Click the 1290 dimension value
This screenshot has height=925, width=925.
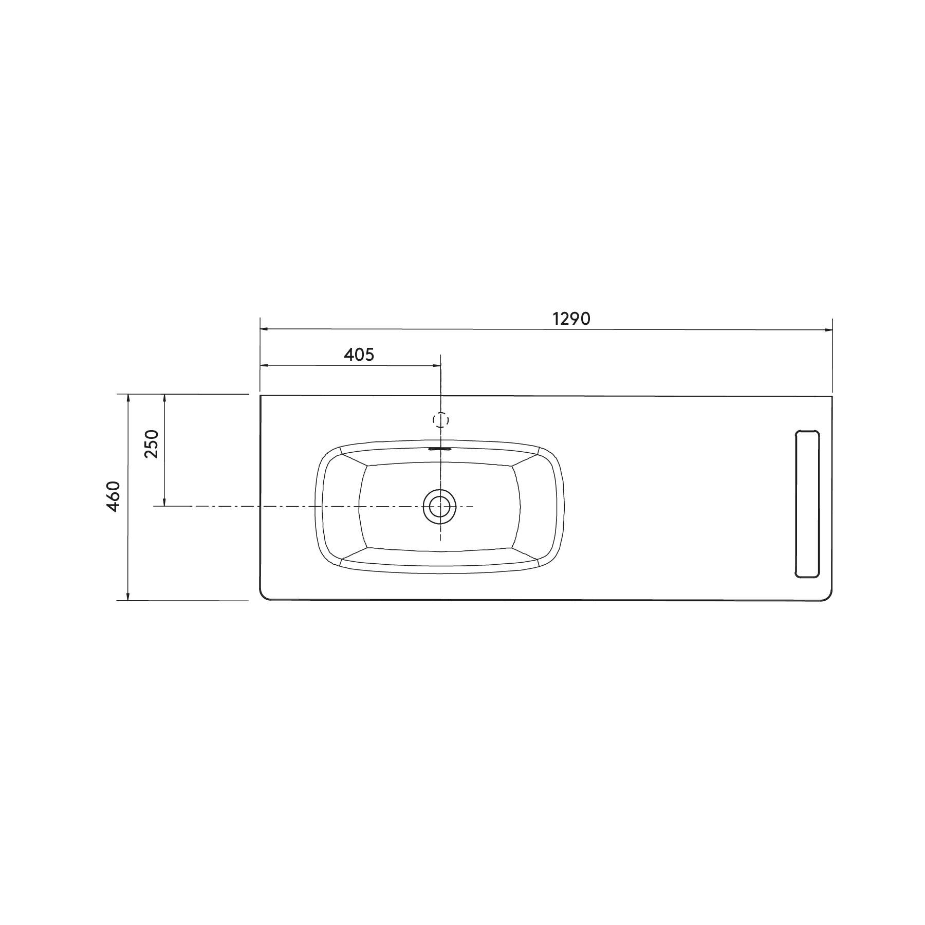point(571,319)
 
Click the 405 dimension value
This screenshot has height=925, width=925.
point(359,355)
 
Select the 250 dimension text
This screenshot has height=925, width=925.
point(152,444)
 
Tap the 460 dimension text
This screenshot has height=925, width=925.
point(114,496)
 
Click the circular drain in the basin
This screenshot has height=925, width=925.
point(439,507)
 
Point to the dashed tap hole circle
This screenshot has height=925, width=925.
point(440,420)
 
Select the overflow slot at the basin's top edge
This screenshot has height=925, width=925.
point(439,448)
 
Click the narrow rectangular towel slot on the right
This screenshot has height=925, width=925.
point(807,504)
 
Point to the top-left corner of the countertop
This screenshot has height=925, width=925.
point(261,396)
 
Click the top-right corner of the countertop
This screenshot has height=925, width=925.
point(832,396)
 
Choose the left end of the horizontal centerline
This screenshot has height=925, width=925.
point(155,507)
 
